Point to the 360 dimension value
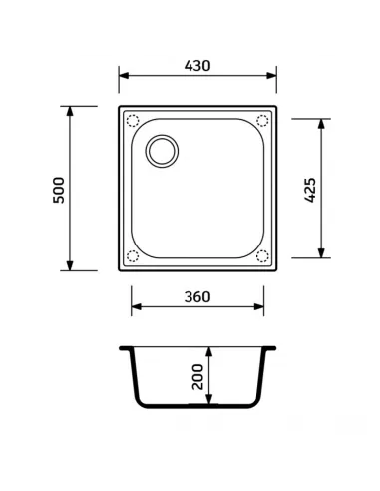pyautogui.click(x=196, y=298)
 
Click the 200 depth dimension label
pyautogui.click(x=197, y=377)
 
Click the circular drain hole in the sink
pyautogui.click(x=160, y=152)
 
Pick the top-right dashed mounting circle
pyautogui.click(x=262, y=121)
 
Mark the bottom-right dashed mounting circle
pyautogui.click(x=262, y=255)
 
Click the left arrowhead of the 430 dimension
pyautogui.click(x=123, y=77)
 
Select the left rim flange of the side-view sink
pyautogui.click(x=126, y=350)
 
